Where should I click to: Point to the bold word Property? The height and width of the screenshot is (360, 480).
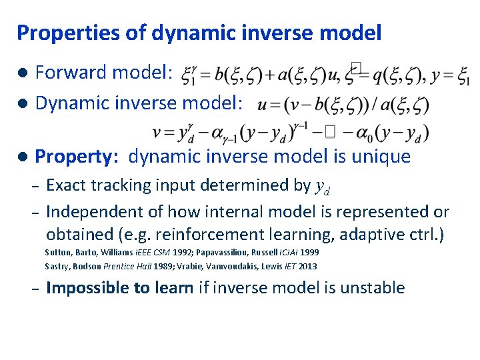77,157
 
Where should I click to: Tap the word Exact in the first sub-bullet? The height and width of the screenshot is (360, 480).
65,185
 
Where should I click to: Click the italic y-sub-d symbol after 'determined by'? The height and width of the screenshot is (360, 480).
323,187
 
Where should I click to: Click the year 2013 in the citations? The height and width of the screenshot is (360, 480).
306,267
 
